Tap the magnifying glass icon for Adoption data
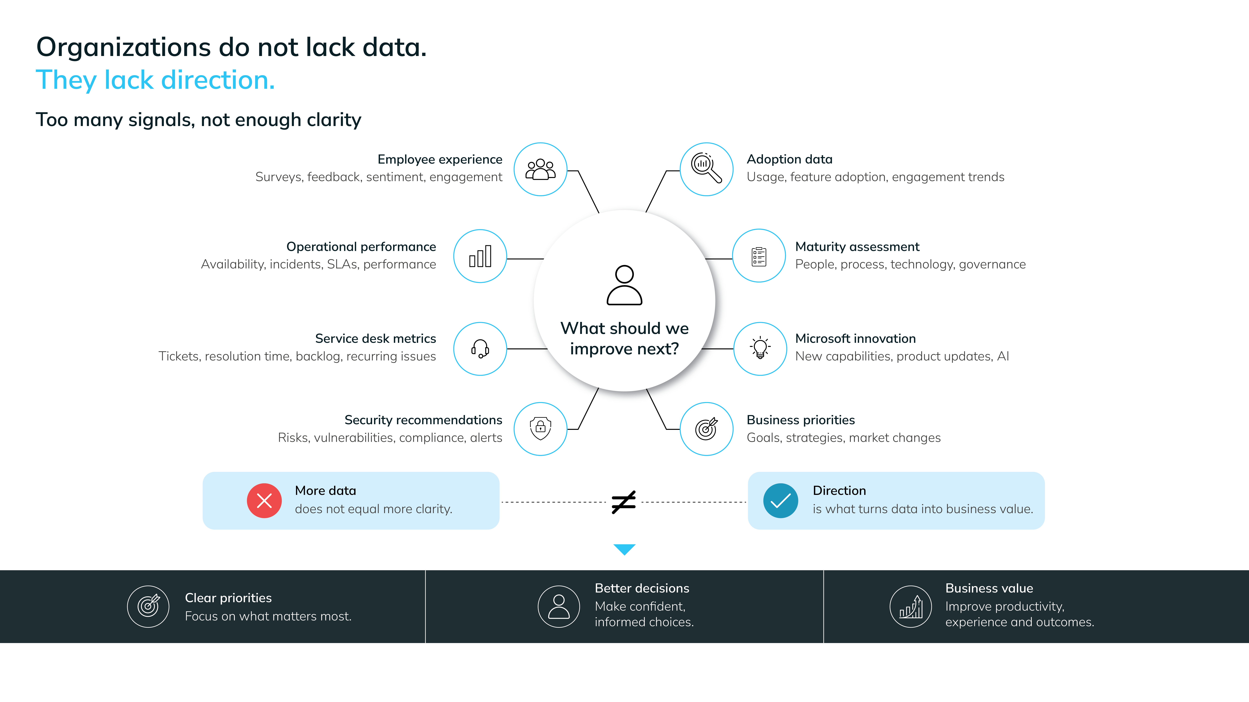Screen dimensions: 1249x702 click(706, 168)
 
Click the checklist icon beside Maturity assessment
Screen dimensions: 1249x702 click(759, 256)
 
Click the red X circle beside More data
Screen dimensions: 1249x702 click(264, 500)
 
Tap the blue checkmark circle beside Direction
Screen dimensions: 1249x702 click(781, 500)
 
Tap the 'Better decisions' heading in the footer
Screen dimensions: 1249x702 click(642, 588)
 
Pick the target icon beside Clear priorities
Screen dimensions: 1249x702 click(148, 606)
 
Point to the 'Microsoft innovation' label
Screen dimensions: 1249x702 click(855, 339)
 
